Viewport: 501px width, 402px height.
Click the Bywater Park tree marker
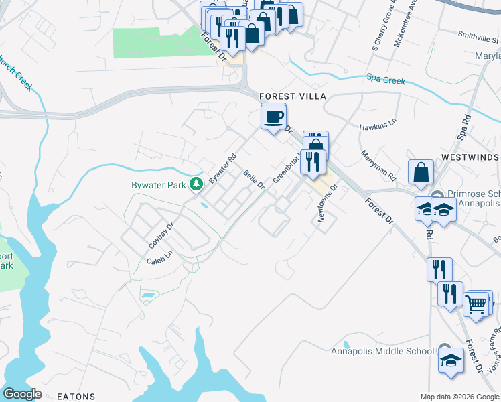[196, 183]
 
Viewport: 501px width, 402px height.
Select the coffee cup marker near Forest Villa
[273, 118]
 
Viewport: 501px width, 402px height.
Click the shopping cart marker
[476, 304]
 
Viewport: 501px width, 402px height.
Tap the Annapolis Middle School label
[382, 351]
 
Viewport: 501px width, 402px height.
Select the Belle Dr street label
[254, 180]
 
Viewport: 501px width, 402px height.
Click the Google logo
[22, 394]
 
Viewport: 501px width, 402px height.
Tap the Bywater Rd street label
[223, 170]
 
